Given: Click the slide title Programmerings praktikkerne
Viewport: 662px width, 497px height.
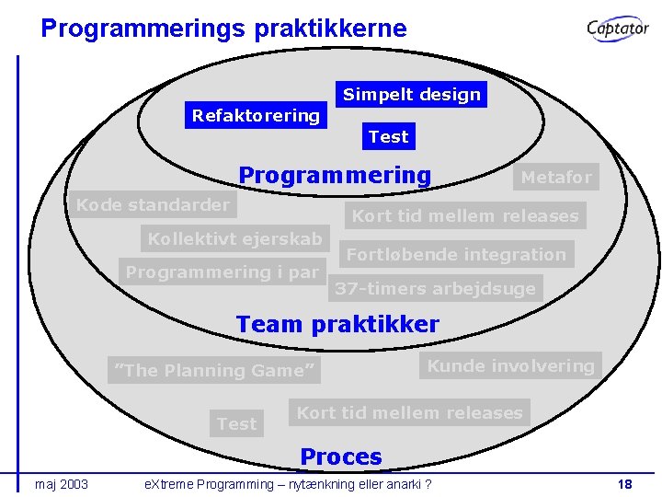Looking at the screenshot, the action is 223,29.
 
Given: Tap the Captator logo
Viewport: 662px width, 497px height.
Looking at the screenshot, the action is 618,29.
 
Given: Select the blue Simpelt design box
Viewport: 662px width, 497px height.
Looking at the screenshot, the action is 411,94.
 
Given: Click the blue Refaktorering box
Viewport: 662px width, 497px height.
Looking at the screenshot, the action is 256,116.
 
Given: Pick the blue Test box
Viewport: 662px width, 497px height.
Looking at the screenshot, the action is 388,136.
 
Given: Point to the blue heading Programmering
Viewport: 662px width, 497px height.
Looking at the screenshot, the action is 335,175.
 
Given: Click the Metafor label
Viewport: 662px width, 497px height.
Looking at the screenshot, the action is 556,177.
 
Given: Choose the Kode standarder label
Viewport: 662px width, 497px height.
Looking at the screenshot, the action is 152,204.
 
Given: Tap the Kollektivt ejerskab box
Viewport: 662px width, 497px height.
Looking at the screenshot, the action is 235,239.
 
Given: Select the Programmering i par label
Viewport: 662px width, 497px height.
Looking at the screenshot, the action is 222,272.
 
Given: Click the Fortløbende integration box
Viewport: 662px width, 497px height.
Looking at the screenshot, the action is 456,254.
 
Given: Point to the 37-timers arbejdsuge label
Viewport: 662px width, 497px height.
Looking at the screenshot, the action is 435,288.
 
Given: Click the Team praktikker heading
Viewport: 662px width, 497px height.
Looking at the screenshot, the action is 337,324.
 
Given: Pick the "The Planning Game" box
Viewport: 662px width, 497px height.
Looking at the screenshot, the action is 214,370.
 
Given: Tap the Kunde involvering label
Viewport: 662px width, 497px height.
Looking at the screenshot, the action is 510,365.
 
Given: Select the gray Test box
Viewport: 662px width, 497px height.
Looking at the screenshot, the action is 236,423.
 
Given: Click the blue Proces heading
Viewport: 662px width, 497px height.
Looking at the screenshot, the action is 341,457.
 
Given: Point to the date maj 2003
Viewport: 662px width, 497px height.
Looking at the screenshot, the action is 62,484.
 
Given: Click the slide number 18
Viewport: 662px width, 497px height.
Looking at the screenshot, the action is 624,484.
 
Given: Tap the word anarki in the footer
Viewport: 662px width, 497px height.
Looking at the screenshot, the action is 395,484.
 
